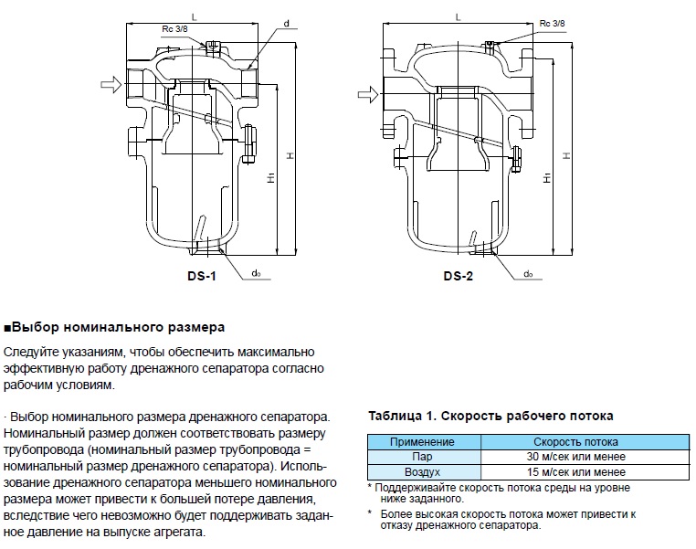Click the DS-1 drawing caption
pos(201,277)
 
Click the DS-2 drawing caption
pos(458,277)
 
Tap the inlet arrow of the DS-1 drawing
pos(108,84)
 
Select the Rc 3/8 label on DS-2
pos(553,23)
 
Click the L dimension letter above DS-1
pos(195,15)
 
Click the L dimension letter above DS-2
pos(458,16)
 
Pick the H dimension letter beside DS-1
pos(289,156)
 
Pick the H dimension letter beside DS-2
pos(566,156)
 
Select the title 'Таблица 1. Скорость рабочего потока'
pos(490,416)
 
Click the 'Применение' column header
pos(422,442)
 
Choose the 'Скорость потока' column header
pos(575,442)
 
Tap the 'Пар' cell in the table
pos(422,457)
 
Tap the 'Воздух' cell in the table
pos(422,472)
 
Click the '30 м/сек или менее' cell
pos(575,457)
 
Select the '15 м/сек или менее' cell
pos(575,472)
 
